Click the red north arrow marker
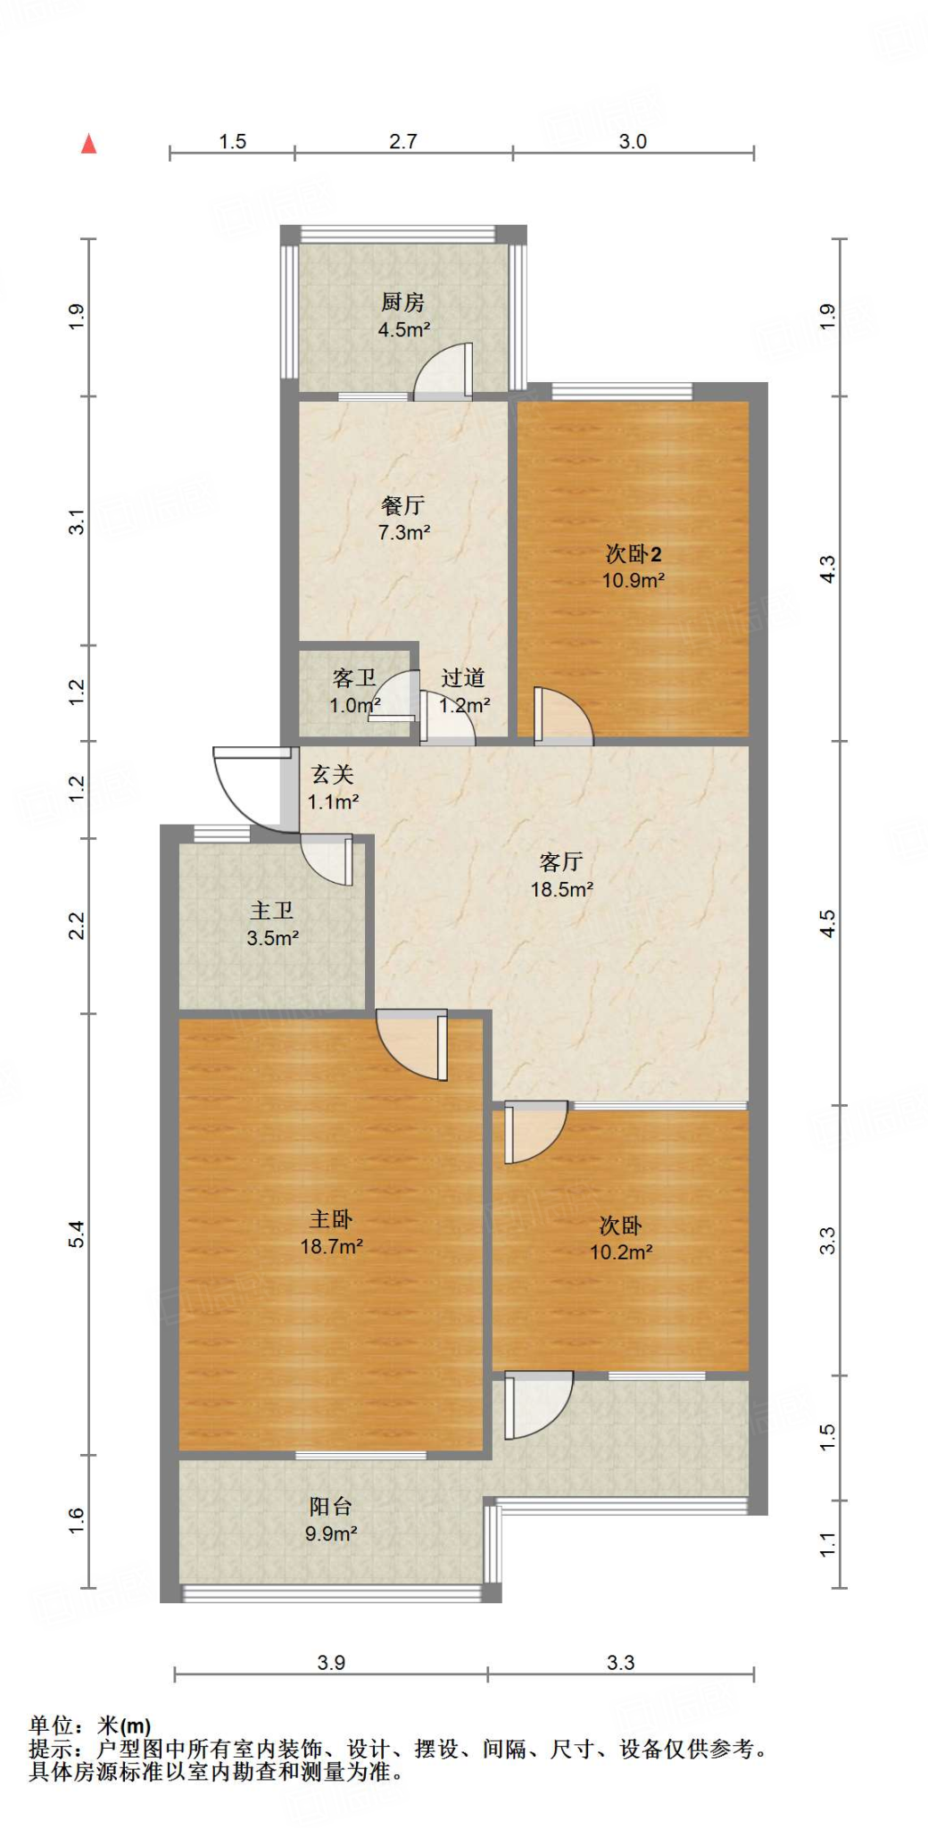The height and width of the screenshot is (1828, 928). [x=88, y=144]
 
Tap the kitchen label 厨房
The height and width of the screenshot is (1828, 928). [x=402, y=303]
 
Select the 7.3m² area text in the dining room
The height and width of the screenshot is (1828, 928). [x=404, y=533]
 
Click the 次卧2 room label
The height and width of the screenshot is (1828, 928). [x=633, y=554]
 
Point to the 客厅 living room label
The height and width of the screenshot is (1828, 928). [x=561, y=862]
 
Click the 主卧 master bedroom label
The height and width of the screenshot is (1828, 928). [x=331, y=1219]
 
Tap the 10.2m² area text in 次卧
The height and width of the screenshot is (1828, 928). [x=621, y=1252]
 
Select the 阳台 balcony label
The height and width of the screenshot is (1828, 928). [x=331, y=1507]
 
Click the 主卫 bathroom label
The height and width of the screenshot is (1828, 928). [x=272, y=910]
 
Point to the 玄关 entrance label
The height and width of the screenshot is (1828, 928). [x=333, y=775]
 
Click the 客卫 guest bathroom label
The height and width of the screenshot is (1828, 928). [x=353, y=678]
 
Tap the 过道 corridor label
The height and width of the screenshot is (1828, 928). [x=463, y=678]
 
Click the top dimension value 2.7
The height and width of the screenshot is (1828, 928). [x=403, y=141]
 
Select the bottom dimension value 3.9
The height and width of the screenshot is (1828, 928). [x=331, y=1663]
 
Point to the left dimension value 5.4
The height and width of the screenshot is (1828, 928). [x=77, y=1234]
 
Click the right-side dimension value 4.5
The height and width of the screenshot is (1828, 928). [x=828, y=923]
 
